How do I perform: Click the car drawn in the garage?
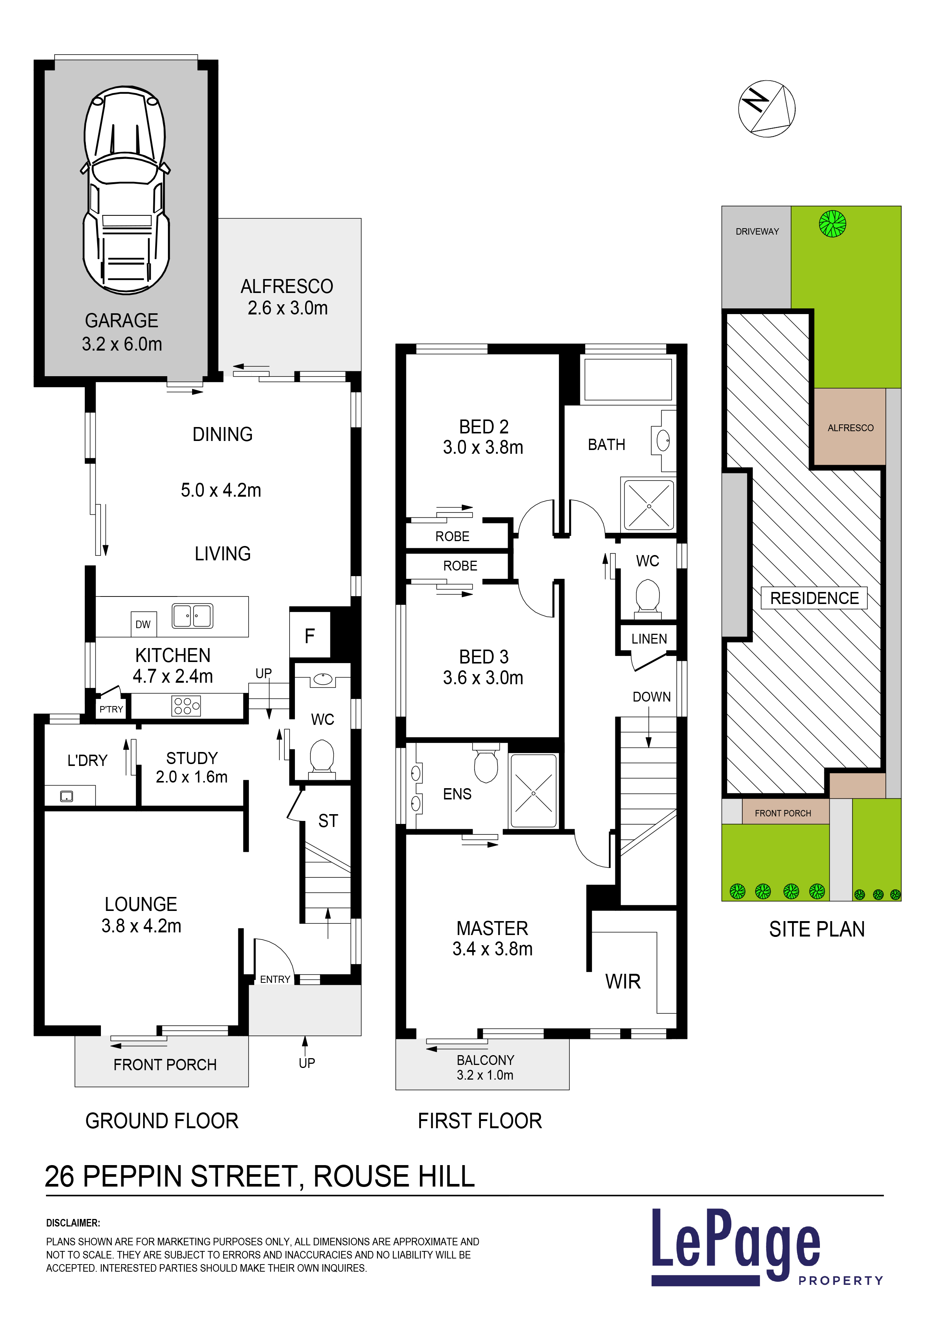coord(125,190)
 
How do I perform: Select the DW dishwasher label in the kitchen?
coord(143,624)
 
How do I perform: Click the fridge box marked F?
coord(310,635)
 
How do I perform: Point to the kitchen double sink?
coord(192,616)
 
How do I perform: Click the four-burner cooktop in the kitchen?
coord(186,706)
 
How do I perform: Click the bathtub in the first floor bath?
coord(628,379)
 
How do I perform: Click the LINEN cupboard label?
coord(649,639)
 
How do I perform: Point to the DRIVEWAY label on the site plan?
coord(757,231)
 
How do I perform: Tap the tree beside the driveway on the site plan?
coord(832,224)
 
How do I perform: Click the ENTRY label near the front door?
coord(275,979)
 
